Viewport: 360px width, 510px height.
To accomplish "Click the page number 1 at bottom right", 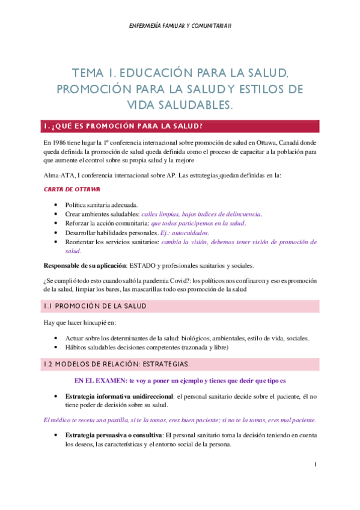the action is click(316, 465).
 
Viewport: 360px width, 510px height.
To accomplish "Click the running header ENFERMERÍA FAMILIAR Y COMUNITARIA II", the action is click(180, 25).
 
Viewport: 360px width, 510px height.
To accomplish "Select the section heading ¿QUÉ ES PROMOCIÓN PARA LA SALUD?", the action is click(126, 126).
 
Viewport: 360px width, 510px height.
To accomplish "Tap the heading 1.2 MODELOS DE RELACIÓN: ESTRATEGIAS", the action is click(117, 364).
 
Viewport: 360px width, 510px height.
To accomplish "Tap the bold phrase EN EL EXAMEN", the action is click(99, 381).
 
